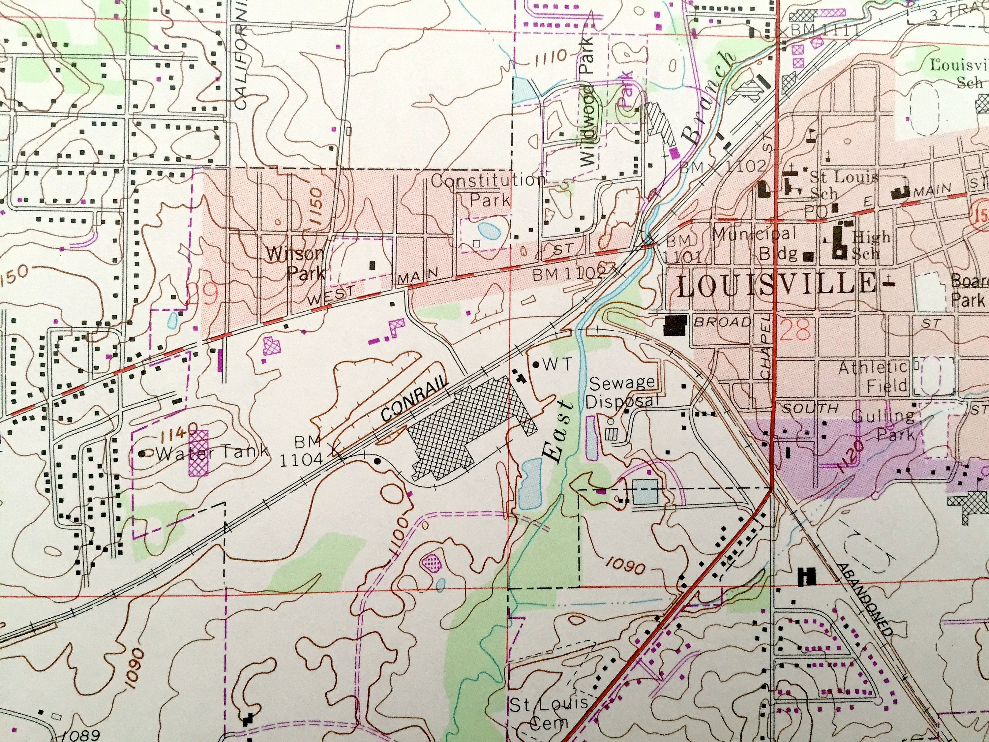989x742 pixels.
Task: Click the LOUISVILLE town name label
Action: (x=776, y=285)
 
